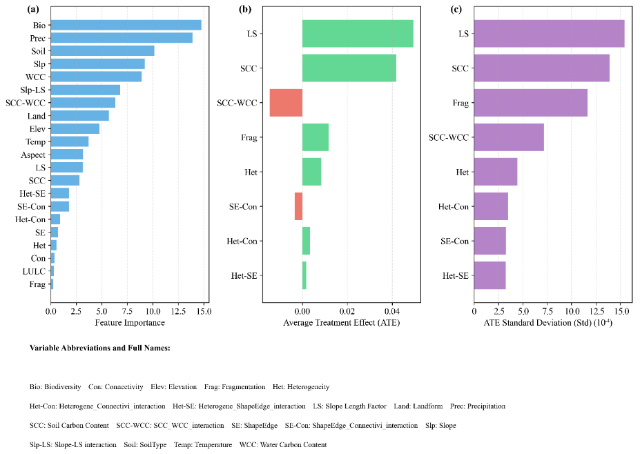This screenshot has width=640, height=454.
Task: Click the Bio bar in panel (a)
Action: pyautogui.click(x=126, y=25)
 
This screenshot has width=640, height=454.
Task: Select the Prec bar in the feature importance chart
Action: pyautogui.click(x=122, y=38)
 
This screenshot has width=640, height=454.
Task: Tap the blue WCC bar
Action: pyautogui.click(x=96, y=77)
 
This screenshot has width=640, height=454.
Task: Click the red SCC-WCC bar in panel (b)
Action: pyautogui.click(x=286, y=103)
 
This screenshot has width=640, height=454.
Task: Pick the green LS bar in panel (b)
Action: pyautogui.click(x=358, y=34)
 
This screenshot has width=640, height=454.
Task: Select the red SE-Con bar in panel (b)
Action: pyautogui.click(x=298, y=206)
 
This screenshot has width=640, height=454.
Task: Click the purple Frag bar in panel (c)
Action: pyautogui.click(x=530, y=103)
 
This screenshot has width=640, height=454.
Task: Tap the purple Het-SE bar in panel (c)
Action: pyautogui.click(x=489, y=275)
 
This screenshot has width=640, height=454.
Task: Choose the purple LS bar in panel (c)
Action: pyautogui.click(x=549, y=34)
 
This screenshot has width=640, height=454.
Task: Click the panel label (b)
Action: pyautogui.click(x=244, y=9)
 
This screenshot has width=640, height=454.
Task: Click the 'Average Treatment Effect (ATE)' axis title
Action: pyautogui.click(x=341, y=323)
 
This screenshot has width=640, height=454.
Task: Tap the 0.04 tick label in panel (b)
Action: pyautogui.click(x=392, y=311)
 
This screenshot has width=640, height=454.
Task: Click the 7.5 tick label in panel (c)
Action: pyautogui.click(x=547, y=311)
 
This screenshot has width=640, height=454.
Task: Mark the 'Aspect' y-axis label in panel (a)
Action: pyautogui.click(x=32, y=155)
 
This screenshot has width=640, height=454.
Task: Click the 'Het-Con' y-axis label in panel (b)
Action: pyautogui.click(x=242, y=241)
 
